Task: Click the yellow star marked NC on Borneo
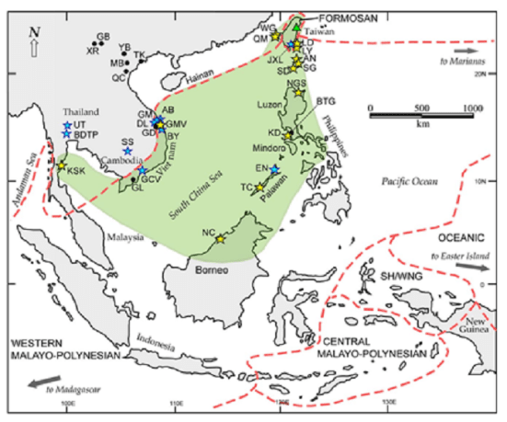pyautogui.click(x=220, y=238)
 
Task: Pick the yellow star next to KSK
pyautogui.click(x=62, y=166)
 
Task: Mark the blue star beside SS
pyautogui.click(x=128, y=151)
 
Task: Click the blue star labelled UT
pyautogui.click(x=67, y=125)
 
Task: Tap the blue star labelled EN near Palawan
pyautogui.click(x=274, y=169)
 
